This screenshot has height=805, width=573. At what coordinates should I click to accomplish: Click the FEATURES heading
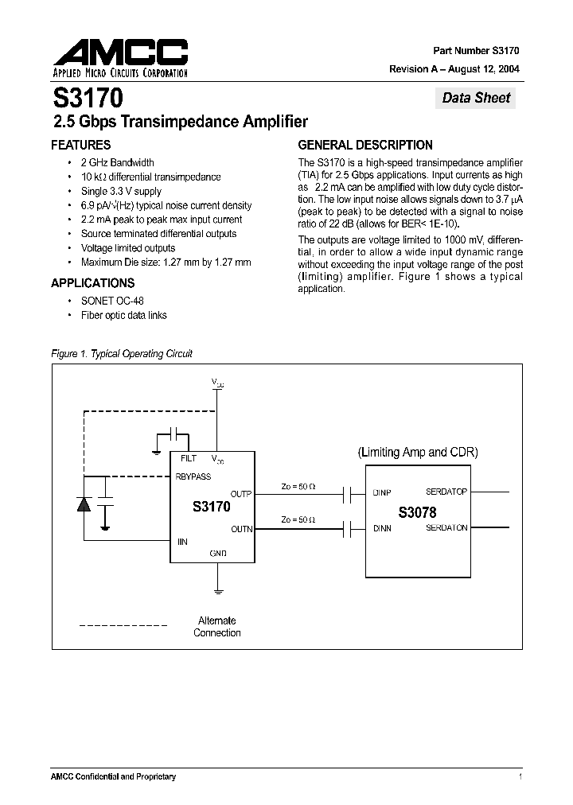pos(80,146)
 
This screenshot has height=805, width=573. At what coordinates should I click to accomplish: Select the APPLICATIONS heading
pos(92,283)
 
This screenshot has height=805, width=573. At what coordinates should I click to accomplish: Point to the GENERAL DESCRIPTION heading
pos(365,146)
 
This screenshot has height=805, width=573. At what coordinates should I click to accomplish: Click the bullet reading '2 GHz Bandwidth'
pos(117,162)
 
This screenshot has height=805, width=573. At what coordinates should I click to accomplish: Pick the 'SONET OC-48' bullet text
pos(112,301)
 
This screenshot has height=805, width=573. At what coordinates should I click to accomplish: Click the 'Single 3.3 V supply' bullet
pos(121,191)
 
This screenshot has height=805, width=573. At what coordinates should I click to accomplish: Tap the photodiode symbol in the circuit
pos(83,503)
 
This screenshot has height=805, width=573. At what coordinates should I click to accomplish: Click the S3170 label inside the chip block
pos(212,506)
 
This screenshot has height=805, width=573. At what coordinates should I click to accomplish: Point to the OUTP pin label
pos(240,494)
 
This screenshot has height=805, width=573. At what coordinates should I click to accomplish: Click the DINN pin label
pos(382,528)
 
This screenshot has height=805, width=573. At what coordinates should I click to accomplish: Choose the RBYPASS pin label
pos(194,476)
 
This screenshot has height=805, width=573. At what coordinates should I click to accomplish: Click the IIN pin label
pos(182,542)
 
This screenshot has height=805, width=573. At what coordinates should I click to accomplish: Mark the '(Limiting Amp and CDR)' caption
pos(417,453)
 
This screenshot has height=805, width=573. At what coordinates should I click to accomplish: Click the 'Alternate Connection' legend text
pos(216,627)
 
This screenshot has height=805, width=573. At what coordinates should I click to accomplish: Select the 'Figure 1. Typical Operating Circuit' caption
pos(122,354)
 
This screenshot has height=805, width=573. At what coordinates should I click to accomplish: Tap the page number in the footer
pos(520,776)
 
